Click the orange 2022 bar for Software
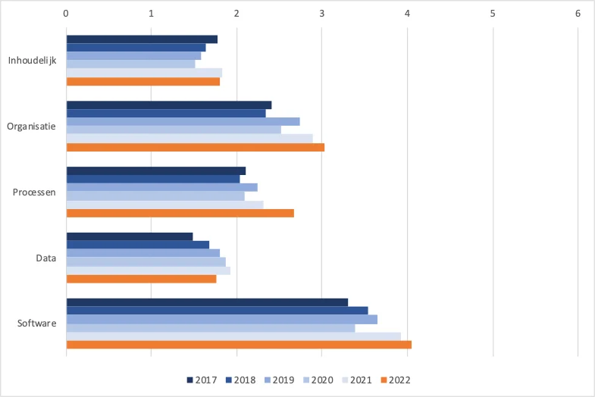click(239, 345)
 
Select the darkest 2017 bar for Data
click(130, 236)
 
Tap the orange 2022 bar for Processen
click(180, 213)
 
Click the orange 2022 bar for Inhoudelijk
click(143, 81)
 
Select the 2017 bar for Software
click(207, 302)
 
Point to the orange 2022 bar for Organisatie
click(196, 147)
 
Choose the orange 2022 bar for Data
click(141, 279)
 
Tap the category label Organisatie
click(32, 127)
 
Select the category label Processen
click(34, 192)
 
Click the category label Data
click(45, 258)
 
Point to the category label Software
click(37, 324)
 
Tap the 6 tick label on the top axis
click(578, 14)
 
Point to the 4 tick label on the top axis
click(407, 14)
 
